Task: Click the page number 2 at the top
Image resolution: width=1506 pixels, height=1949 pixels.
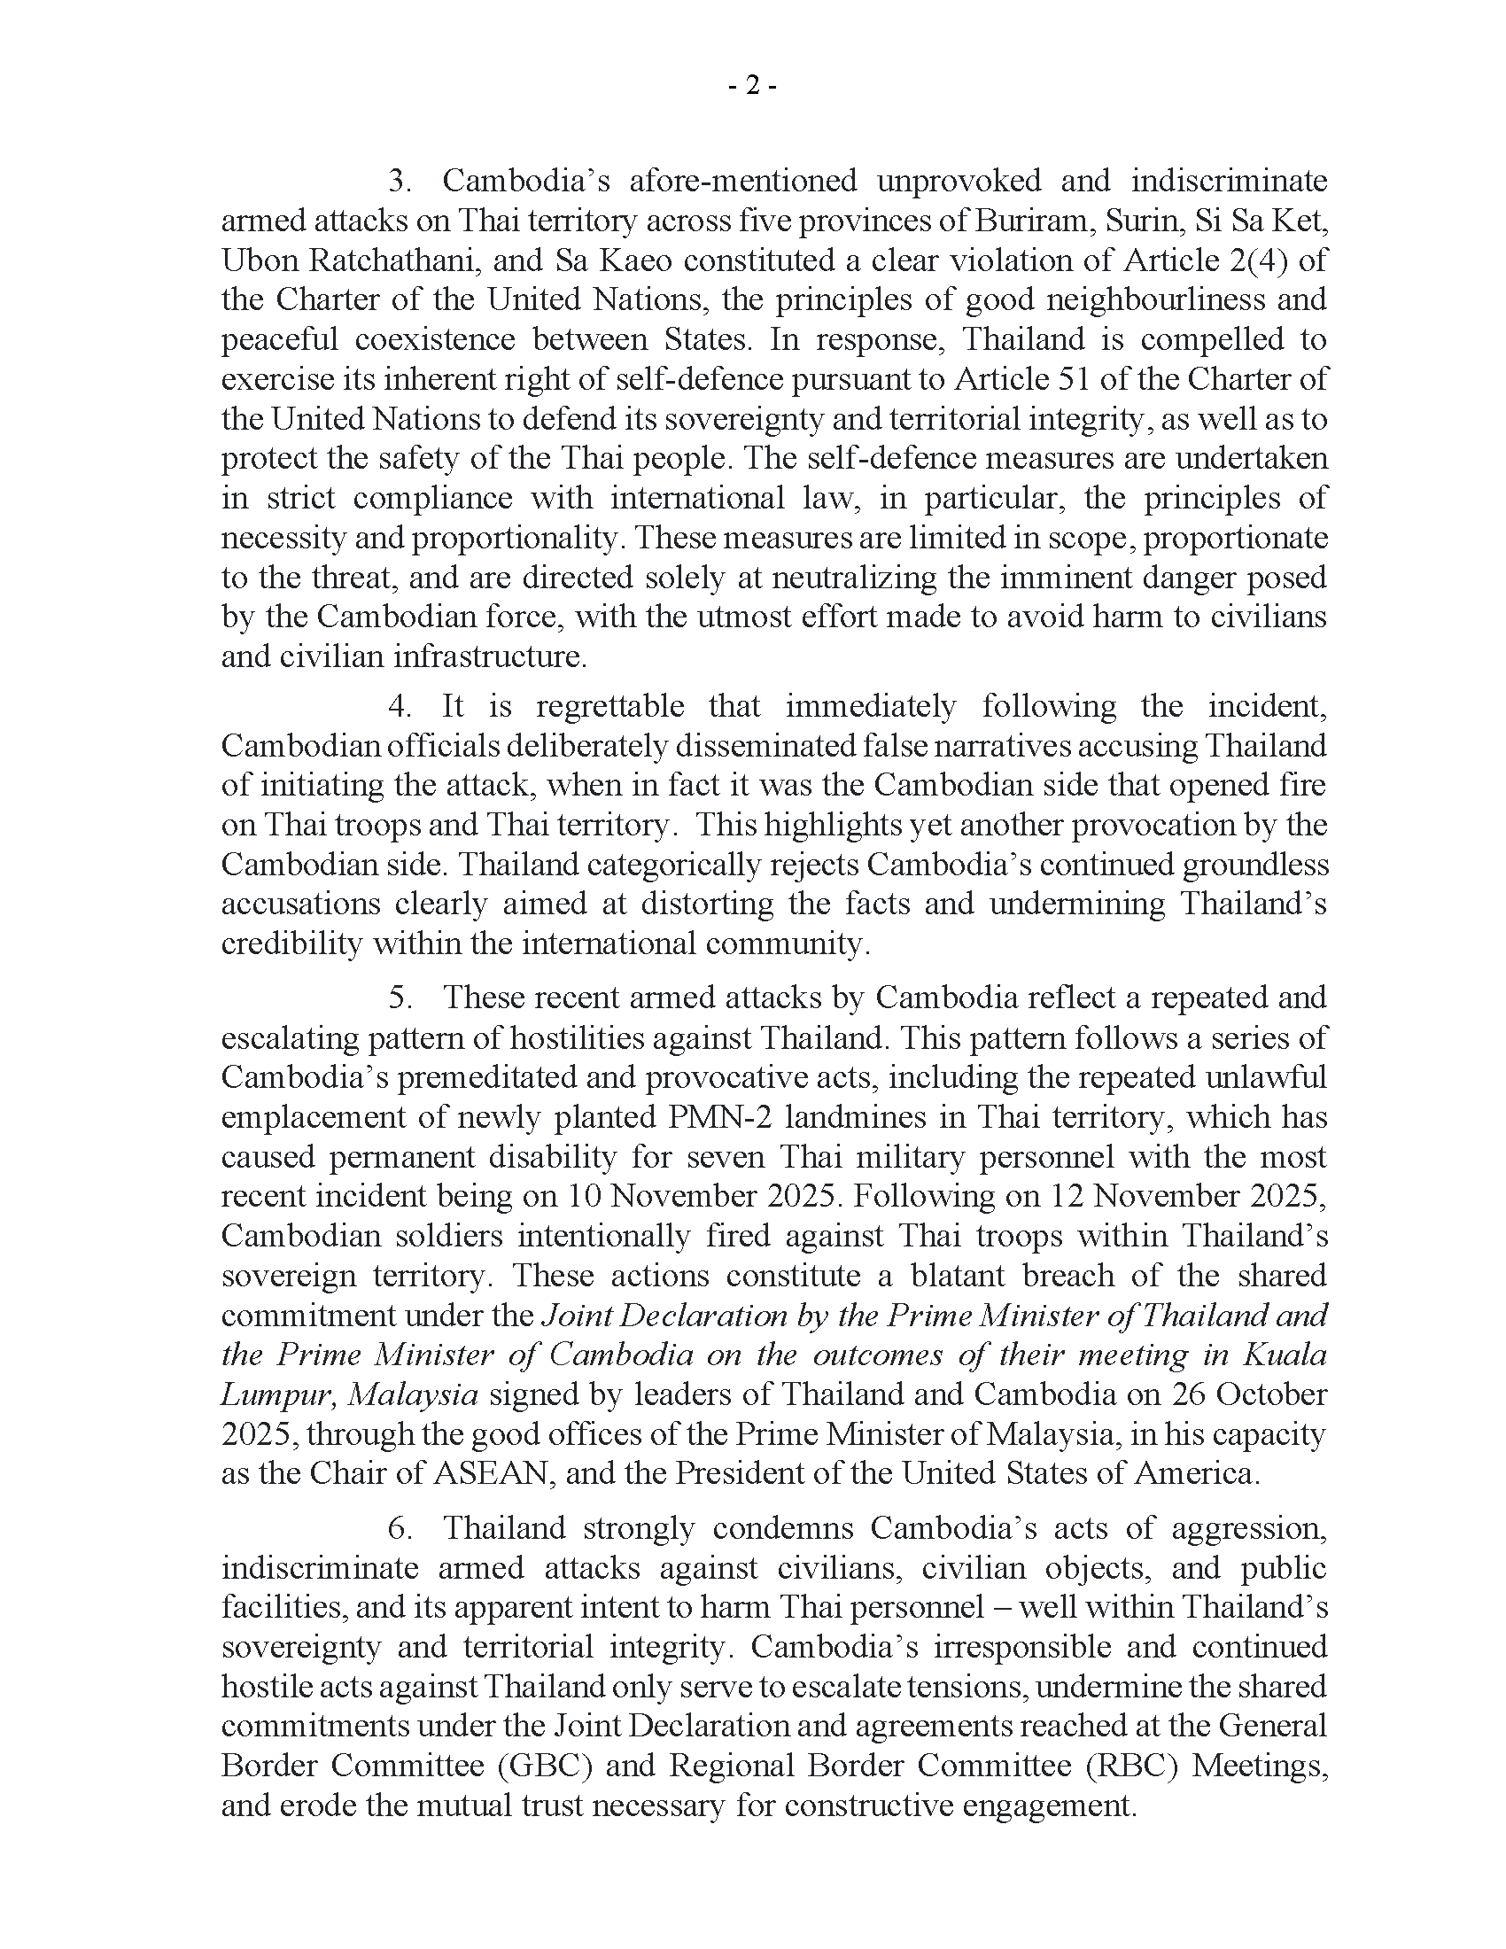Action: pyautogui.click(x=752, y=86)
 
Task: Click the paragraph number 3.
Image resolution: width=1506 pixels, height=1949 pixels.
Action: pyautogui.click(x=398, y=181)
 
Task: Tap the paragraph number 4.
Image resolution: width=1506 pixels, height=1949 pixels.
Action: pyautogui.click(x=398, y=706)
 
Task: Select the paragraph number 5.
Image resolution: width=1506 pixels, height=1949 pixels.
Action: pyautogui.click(x=398, y=998)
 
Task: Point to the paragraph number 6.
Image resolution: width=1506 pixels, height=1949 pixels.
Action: pyautogui.click(x=398, y=1528)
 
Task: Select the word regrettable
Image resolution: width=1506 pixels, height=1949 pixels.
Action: pyautogui.click(x=610, y=706)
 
